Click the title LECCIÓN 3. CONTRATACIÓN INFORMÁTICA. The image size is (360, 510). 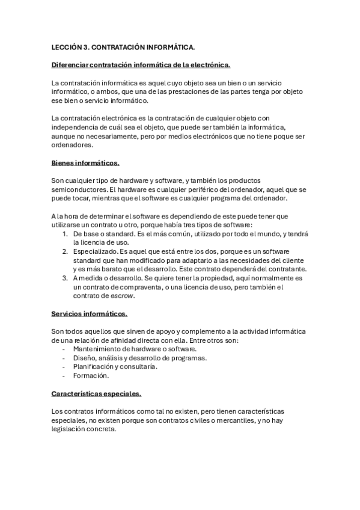pos(123,46)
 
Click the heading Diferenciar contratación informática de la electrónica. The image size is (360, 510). pos(141,64)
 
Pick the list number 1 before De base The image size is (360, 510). pos(65,233)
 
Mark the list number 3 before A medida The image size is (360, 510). pos(65,278)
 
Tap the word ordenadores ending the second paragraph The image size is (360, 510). pos(73,145)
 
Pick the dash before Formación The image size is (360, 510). pos(64,376)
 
